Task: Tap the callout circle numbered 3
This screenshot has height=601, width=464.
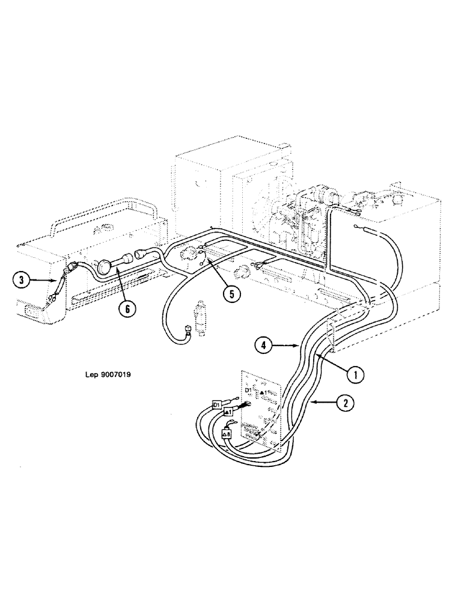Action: tap(22, 279)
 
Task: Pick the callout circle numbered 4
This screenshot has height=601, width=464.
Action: tap(263, 346)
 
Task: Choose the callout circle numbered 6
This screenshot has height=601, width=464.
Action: tap(127, 309)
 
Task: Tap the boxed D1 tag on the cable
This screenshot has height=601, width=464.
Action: tap(218, 406)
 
